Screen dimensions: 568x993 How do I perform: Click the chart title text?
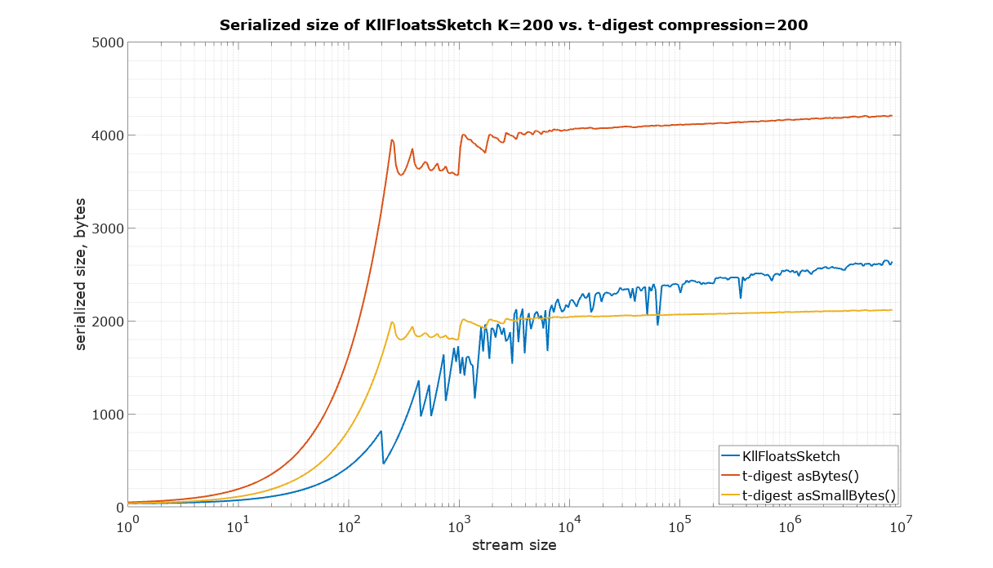point(514,25)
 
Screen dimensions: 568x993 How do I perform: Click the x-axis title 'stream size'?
point(514,545)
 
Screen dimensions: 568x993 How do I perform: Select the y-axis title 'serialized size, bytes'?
point(81,275)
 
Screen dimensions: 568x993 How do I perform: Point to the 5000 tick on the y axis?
point(108,42)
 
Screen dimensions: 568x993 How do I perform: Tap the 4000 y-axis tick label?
point(108,135)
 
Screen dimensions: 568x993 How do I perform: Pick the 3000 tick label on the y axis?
point(108,229)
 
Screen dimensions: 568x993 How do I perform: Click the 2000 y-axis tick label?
point(108,322)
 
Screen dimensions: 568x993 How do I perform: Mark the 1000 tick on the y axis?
point(108,415)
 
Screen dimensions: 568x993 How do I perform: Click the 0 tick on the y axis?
point(118,508)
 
